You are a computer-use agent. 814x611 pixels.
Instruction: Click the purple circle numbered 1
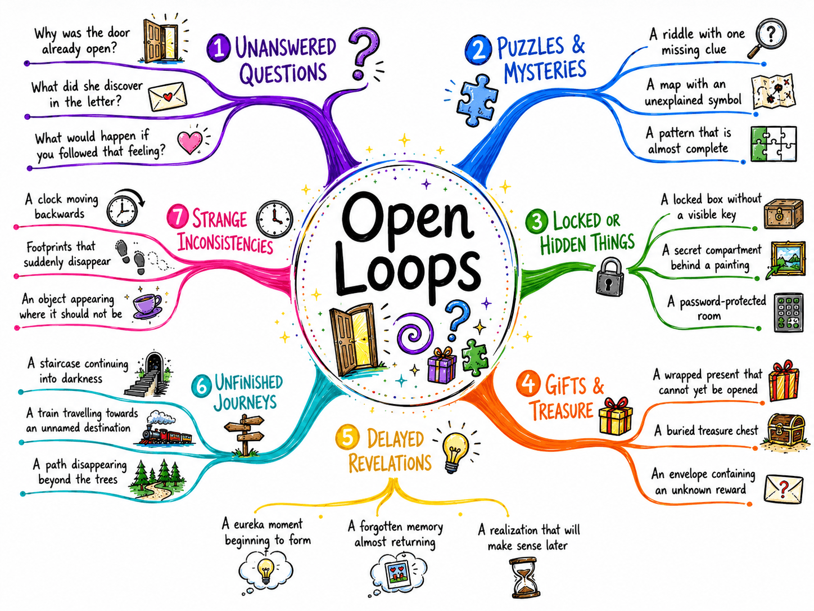click(x=219, y=47)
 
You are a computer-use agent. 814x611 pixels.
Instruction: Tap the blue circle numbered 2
click(x=478, y=50)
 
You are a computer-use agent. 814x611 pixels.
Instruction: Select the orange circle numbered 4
click(x=528, y=383)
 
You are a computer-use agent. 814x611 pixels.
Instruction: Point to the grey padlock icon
click(x=609, y=277)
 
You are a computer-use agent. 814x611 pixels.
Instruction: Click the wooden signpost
click(x=245, y=434)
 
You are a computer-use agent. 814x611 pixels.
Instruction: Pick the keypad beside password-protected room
click(x=789, y=312)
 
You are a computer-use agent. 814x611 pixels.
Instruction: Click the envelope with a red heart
click(x=168, y=96)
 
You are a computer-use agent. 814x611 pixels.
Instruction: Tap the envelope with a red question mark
click(x=783, y=488)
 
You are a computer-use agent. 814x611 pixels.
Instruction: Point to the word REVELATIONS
click(x=390, y=463)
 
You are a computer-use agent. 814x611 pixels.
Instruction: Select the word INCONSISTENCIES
click(x=225, y=244)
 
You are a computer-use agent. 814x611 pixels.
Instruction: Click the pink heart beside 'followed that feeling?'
click(x=189, y=142)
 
